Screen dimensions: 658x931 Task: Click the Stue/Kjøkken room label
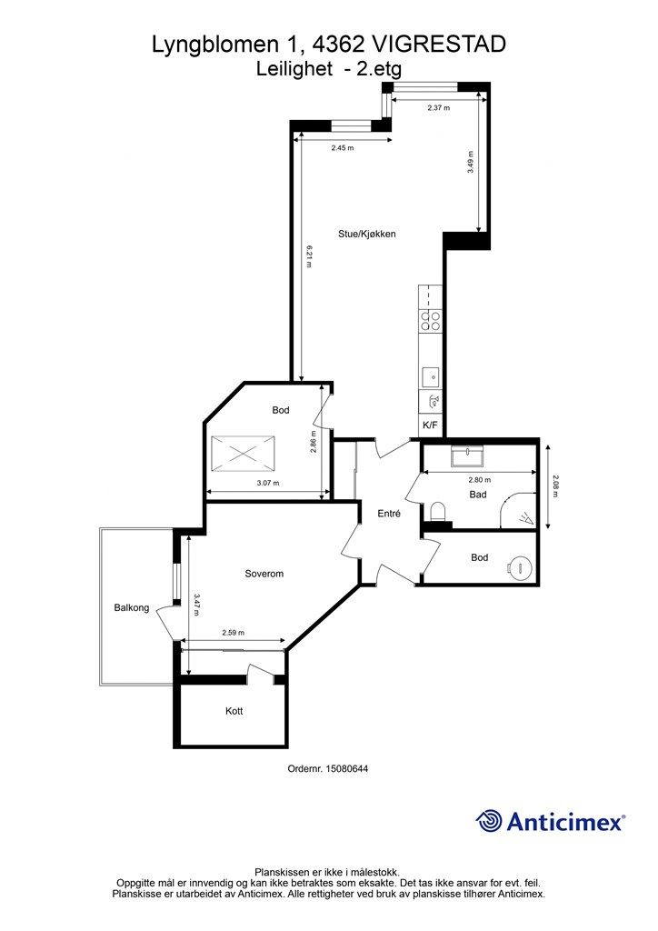click(366, 234)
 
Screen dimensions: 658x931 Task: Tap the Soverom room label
click(264, 574)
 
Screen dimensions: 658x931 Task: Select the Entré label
click(389, 514)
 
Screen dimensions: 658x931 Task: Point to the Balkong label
click(132, 608)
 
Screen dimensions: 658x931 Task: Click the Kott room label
click(234, 711)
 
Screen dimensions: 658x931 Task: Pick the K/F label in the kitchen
click(430, 425)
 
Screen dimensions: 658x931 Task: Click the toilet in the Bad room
click(438, 511)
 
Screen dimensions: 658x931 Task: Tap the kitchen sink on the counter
click(431, 377)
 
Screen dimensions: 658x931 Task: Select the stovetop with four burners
click(430, 321)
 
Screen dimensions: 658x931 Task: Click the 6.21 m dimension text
click(309, 255)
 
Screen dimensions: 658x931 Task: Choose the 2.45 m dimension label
click(343, 148)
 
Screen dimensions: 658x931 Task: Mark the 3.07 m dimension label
click(268, 483)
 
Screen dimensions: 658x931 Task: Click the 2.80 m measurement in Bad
click(479, 480)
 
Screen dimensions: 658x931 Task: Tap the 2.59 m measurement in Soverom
click(234, 633)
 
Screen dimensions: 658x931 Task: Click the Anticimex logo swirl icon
click(489, 822)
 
